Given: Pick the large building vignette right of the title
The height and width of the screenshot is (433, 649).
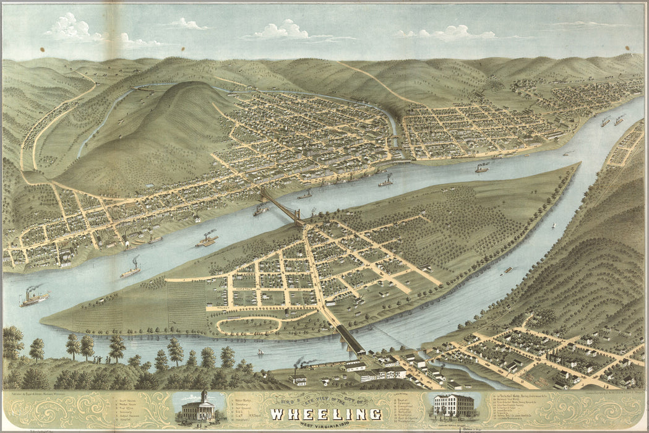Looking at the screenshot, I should [x=453, y=406].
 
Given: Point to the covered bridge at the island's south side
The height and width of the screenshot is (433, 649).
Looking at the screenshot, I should [x=350, y=340].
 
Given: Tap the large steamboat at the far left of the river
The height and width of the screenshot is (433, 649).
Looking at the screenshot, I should [x=33, y=298].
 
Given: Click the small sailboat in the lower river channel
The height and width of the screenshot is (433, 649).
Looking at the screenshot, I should [x=260, y=352].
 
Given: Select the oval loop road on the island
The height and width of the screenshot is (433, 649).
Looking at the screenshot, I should [x=260, y=322].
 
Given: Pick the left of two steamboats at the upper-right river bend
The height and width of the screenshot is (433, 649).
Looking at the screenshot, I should [x=605, y=122].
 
